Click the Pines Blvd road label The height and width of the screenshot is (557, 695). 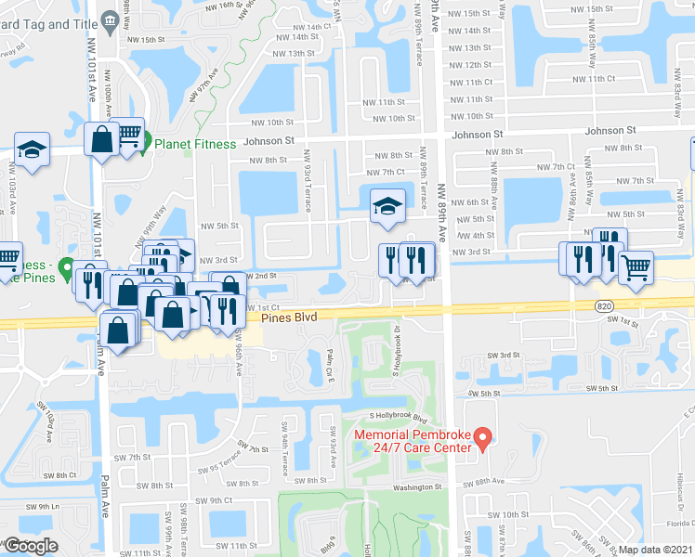pyautogui.click(x=289, y=317)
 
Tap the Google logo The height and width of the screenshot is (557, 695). pyautogui.click(x=31, y=546)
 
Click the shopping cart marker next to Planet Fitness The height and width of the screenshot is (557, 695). pyautogui.click(x=129, y=136)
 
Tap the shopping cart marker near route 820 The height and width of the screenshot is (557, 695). pyautogui.click(x=636, y=269)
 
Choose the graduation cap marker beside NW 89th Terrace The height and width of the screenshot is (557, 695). pyautogui.click(x=385, y=205)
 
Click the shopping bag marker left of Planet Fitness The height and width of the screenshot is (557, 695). pyautogui.click(x=100, y=139)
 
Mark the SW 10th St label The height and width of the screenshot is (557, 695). pyautogui.click(x=507, y=514)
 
